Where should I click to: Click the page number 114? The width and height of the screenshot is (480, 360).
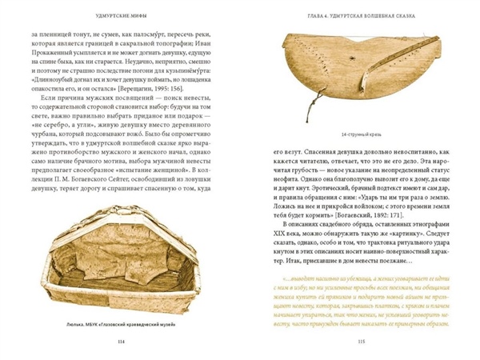121,339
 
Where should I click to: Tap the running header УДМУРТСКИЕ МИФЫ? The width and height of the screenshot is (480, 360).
121,14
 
